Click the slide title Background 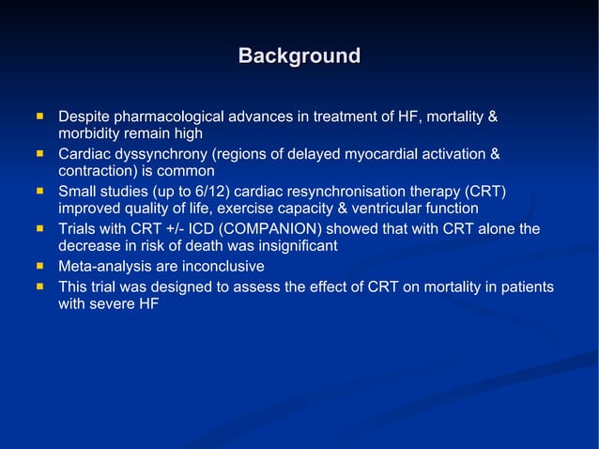pyautogui.click(x=299, y=56)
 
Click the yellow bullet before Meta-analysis pyautogui.click(x=40, y=266)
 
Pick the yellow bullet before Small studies pyautogui.click(x=40, y=191)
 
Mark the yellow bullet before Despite pyautogui.click(x=40, y=116)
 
